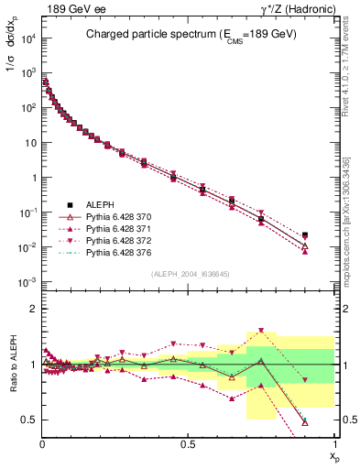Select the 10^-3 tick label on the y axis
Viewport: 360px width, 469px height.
(x=27, y=282)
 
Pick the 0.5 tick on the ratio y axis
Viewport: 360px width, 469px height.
(x=29, y=420)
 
